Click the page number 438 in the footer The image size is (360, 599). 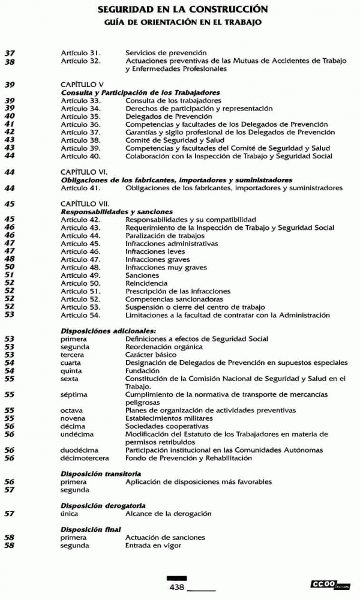coord(176,586)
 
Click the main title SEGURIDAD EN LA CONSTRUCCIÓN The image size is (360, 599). coord(179,10)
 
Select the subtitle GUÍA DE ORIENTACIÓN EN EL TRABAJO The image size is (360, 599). coord(179,22)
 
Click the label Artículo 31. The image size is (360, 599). coord(80,53)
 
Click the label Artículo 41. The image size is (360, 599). coord(80,188)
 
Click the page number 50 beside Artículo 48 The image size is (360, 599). coord(10,267)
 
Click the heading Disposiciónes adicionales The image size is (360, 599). coord(108,331)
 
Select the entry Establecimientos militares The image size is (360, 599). coord(169,418)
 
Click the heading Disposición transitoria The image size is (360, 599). coord(101,474)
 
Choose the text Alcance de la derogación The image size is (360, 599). coord(168,514)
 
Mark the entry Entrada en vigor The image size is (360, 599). coord(153,546)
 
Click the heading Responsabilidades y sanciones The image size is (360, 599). coord(116,212)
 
